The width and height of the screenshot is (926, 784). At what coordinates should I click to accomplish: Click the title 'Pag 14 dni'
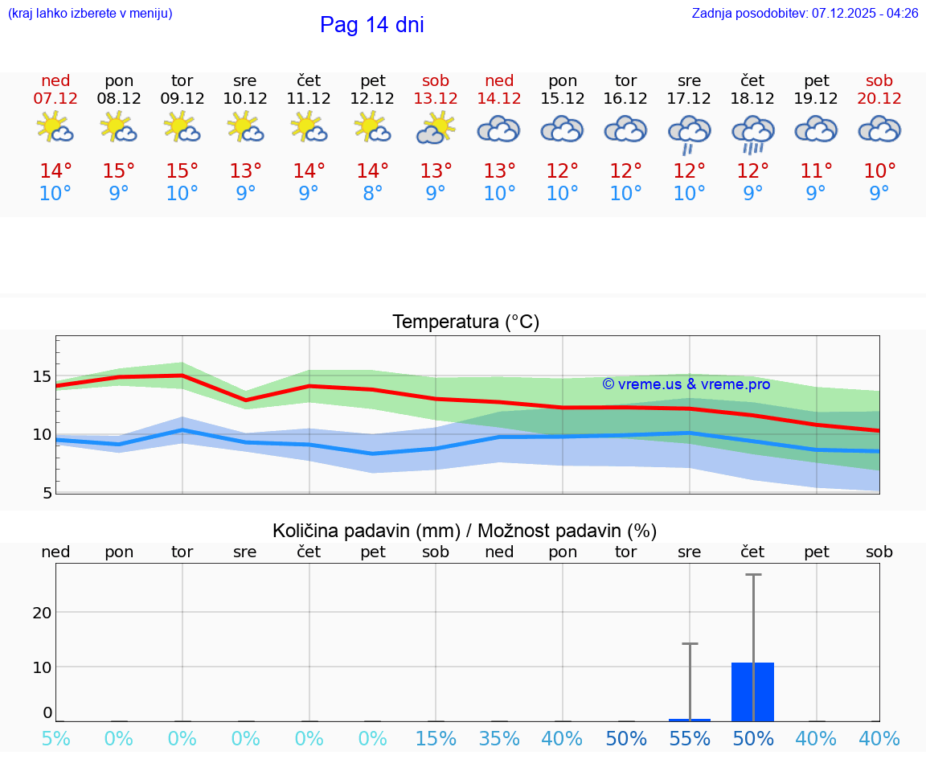click(371, 25)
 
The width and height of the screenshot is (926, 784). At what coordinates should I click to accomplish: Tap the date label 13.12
click(436, 99)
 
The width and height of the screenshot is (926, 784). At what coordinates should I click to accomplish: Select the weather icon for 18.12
click(752, 133)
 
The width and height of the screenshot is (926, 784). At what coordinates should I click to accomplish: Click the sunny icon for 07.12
click(55, 128)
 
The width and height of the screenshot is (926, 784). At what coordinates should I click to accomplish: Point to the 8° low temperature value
click(372, 194)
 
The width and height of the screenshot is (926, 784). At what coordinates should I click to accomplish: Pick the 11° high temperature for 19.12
click(816, 171)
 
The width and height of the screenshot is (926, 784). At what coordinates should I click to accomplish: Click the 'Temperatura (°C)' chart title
click(465, 322)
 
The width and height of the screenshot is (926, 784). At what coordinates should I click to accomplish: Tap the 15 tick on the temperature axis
click(42, 376)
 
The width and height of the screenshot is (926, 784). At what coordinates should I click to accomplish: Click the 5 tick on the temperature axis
click(47, 493)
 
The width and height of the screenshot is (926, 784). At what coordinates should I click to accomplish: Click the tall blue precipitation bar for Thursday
click(752, 692)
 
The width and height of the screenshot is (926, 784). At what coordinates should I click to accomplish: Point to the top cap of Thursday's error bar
click(753, 575)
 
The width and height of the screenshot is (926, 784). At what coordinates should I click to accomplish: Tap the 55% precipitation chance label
click(690, 739)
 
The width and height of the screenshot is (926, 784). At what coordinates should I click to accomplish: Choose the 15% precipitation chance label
click(436, 739)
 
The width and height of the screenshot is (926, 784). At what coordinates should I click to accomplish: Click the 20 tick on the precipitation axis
click(42, 613)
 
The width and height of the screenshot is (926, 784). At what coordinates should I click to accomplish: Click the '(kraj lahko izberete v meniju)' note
click(89, 14)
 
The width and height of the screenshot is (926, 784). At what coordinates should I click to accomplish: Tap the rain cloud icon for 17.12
click(689, 133)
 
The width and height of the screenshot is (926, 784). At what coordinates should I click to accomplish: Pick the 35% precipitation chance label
click(499, 739)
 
